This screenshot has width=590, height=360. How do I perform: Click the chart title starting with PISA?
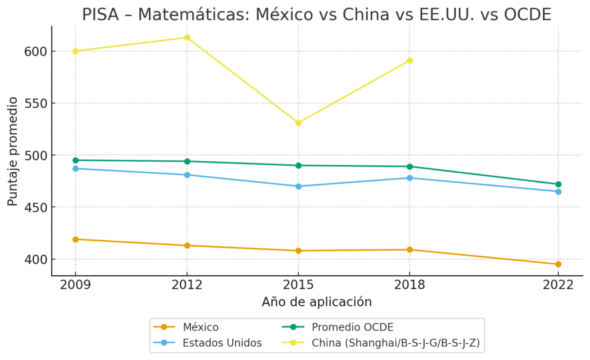(x=316, y=14)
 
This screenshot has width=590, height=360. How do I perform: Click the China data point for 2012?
(x=187, y=37)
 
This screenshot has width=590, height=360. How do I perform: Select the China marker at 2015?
(x=298, y=123)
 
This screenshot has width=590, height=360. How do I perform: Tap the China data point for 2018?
(x=410, y=60)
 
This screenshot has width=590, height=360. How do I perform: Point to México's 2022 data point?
(x=558, y=264)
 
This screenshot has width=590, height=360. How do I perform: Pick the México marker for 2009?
(x=75, y=239)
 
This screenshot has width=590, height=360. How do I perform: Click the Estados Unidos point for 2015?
(x=298, y=186)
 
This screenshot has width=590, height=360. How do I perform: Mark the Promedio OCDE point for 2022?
(x=558, y=184)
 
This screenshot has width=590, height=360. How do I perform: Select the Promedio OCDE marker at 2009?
(x=75, y=160)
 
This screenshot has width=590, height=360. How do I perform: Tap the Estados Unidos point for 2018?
(x=410, y=178)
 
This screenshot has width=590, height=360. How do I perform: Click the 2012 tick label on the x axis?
(x=187, y=285)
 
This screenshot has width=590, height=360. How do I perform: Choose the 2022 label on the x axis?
(x=558, y=285)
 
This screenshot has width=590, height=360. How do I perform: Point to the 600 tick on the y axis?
(x=35, y=51)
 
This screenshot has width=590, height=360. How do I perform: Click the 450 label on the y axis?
(x=35, y=207)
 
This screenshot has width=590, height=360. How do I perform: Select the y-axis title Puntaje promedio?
(x=12, y=151)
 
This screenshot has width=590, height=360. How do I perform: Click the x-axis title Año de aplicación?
(x=316, y=302)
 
